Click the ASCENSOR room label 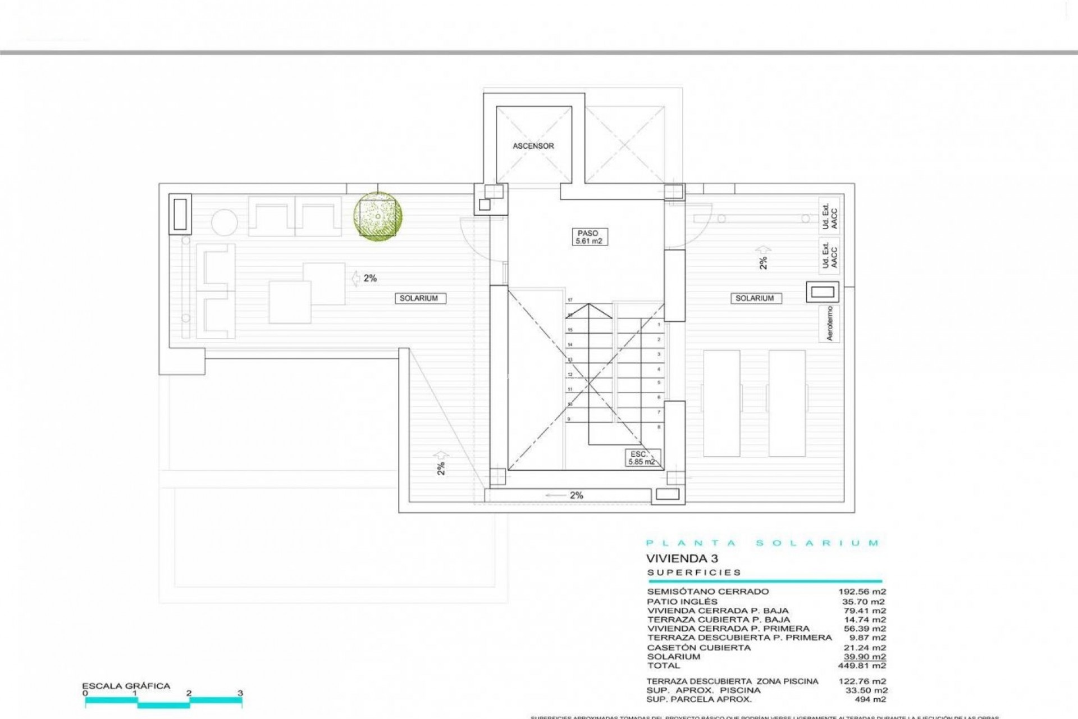coord(533,146)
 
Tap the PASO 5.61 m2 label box coord(588,237)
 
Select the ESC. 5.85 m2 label coord(641,458)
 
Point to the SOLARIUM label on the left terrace coord(419,298)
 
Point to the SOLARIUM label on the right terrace coord(755,298)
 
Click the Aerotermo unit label coord(830,324)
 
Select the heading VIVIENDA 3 coord(682,559)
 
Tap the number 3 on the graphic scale coord(240,693)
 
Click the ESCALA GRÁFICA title coord(126,686)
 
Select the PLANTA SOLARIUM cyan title coord(762,543)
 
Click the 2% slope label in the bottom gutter coord(576,495)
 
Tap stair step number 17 coord(570,301)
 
